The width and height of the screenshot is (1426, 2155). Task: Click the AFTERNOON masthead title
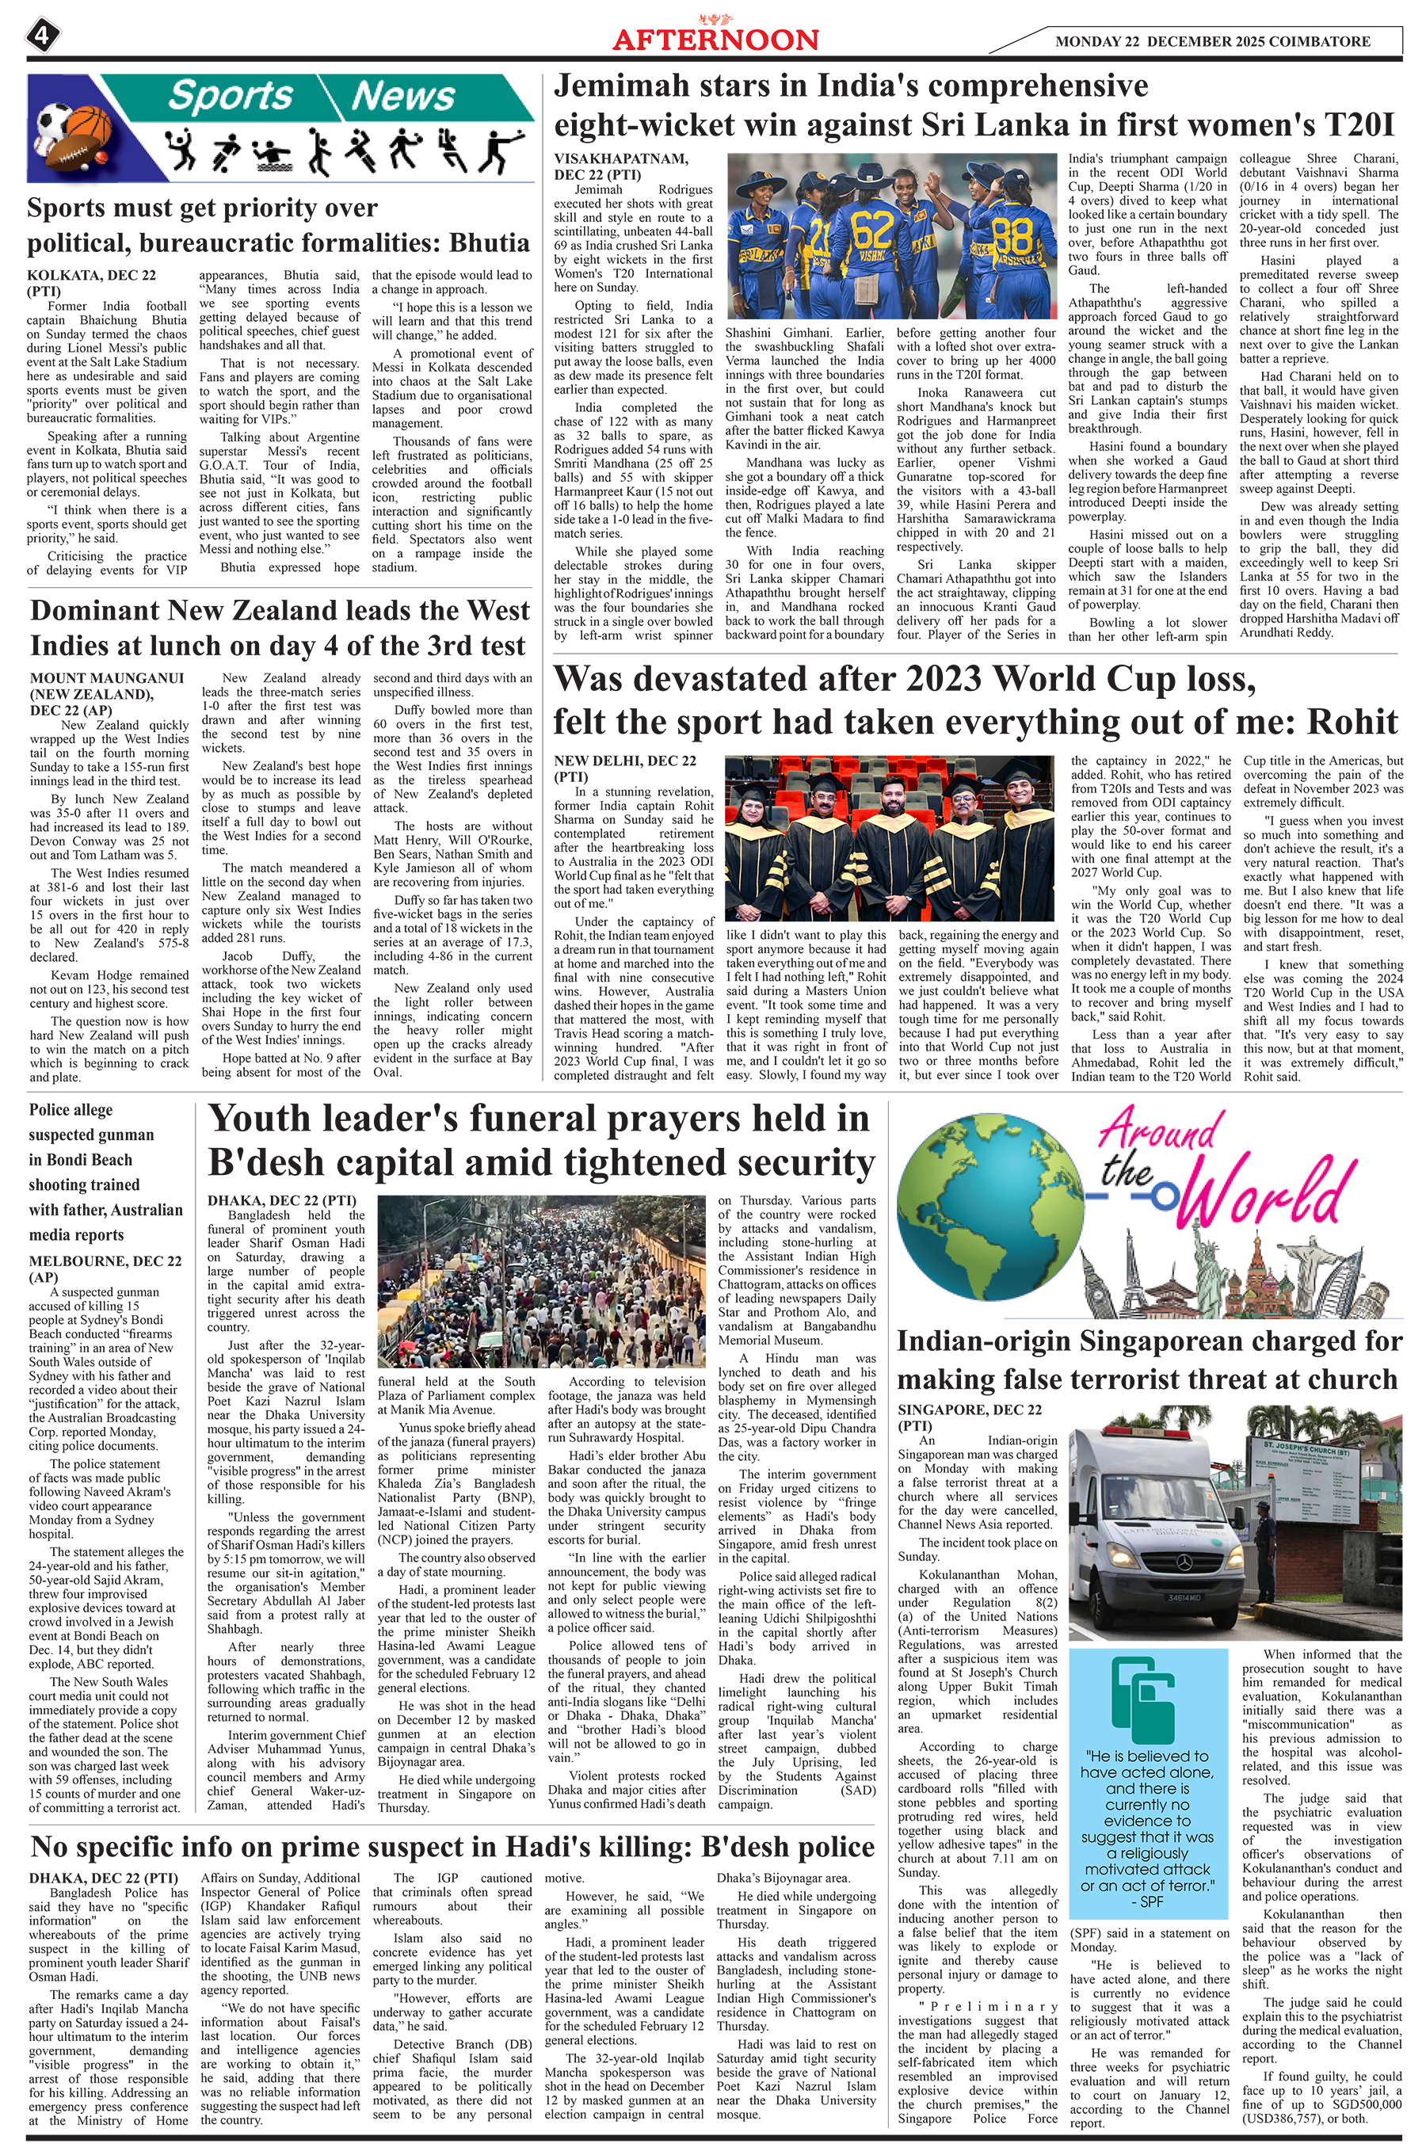[715, 40]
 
